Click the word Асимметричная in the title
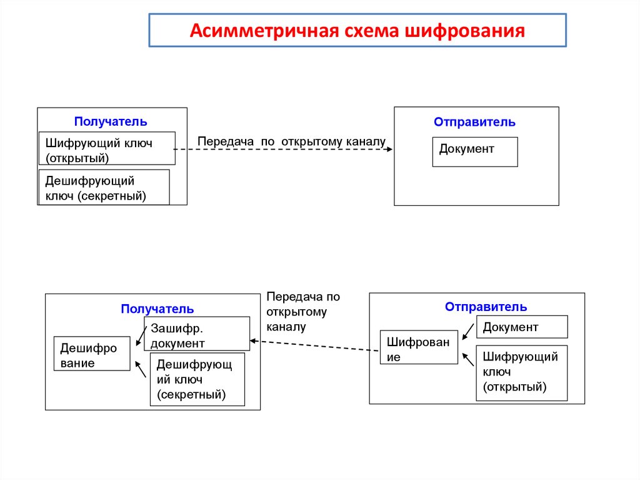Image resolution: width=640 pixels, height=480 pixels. point(263,31)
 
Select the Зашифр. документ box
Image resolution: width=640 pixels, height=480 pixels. point(197,334)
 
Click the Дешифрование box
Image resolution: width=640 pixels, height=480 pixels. point(92,354)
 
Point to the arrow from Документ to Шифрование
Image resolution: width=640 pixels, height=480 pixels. point(467,332)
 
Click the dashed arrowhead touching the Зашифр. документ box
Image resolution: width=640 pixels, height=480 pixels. point(253,341)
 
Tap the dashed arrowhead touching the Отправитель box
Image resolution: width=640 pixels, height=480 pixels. point(389,149)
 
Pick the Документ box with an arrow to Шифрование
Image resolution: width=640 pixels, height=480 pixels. point(522,327)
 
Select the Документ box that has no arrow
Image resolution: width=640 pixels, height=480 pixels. point(475,151)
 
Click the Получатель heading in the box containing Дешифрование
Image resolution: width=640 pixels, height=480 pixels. point(157,309)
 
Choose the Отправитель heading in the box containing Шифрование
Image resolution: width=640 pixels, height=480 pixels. point(486,307)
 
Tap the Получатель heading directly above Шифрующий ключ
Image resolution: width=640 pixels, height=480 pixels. point(111,121)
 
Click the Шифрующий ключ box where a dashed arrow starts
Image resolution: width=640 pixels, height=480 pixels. point(107,148)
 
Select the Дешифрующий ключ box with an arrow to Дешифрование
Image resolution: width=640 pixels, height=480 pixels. point(197,379)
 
